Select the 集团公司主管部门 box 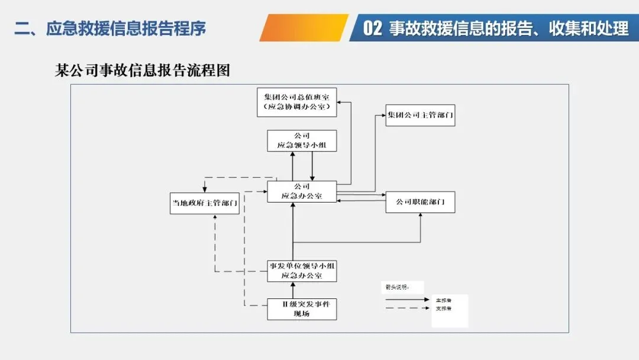point(420,115)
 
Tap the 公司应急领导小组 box point(302,141)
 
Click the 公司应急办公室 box point(302,191)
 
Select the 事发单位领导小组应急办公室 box point(302,271)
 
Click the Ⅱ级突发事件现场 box point(302,308)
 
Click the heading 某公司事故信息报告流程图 point(142,71)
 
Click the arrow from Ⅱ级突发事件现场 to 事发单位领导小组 point(293,290)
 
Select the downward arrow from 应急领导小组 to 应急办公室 point(312,166)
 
